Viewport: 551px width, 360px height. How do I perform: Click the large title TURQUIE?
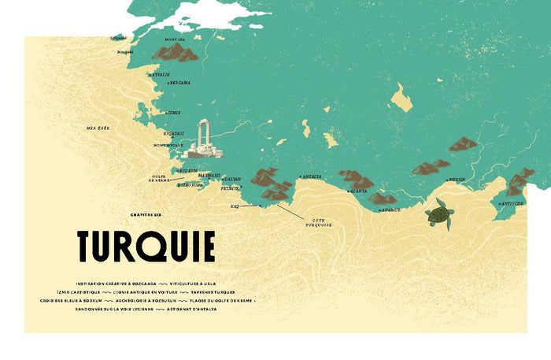point(146,247)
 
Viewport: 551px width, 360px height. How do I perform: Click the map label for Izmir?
point(174,113)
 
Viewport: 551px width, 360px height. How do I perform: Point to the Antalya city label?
point(311,176)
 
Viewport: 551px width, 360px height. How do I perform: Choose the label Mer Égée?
point(101,127)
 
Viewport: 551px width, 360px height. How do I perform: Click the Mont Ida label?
point(174,39)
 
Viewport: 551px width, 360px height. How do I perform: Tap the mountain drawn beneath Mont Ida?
point(175,54)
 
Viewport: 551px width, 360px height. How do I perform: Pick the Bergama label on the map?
point(180,83)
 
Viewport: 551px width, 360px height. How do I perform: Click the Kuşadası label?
point(173,134)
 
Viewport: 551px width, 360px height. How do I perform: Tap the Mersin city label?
point(457,180)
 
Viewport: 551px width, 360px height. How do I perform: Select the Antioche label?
point(511,202)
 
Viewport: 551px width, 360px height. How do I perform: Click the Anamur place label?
point(390,210)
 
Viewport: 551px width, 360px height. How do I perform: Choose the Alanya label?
point(359,191)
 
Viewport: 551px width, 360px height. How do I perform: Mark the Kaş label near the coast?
point(235,206)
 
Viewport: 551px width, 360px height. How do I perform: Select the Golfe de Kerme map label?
point(160,178)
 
